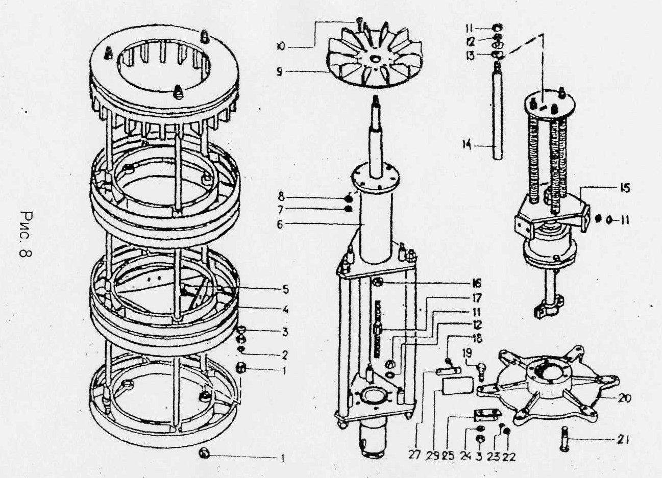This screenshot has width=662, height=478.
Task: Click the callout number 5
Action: click(285, 289)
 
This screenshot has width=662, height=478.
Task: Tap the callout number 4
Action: click(285, 309)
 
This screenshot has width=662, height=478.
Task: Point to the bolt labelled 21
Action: click(565, 438)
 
